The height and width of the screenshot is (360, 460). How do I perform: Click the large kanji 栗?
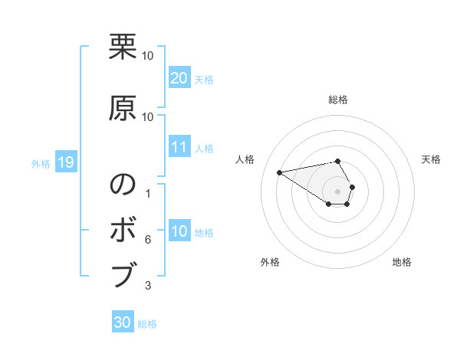coord(123,48)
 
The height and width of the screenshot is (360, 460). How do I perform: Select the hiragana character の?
coord(123,185)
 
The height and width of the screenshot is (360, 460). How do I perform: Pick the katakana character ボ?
coord(123,230)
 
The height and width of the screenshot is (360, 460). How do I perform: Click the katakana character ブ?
coord(123,273)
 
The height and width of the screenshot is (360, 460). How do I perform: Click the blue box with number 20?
coord(179,78)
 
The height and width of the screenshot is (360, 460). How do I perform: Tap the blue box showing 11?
coord(179,147)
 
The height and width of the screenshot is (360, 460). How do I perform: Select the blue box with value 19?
coord(65,162)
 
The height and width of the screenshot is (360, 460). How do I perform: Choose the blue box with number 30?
coord(123,322)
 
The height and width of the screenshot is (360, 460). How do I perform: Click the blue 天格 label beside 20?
coord(204,80)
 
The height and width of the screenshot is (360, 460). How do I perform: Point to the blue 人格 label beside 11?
coord(204,149)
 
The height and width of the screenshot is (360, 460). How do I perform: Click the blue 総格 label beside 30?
coord(147,324)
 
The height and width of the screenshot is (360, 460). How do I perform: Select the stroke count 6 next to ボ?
coord(147,240)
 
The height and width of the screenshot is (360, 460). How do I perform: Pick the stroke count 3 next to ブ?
coord(147,286)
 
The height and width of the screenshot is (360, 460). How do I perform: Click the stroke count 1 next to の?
coord(147,194)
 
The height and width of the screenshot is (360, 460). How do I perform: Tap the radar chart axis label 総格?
coord(337,100)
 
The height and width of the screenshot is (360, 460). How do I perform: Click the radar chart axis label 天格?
coord(431,159)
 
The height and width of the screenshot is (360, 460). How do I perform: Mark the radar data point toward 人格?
coord(279,172)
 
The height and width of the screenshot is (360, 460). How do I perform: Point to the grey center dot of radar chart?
coord(337,191)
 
